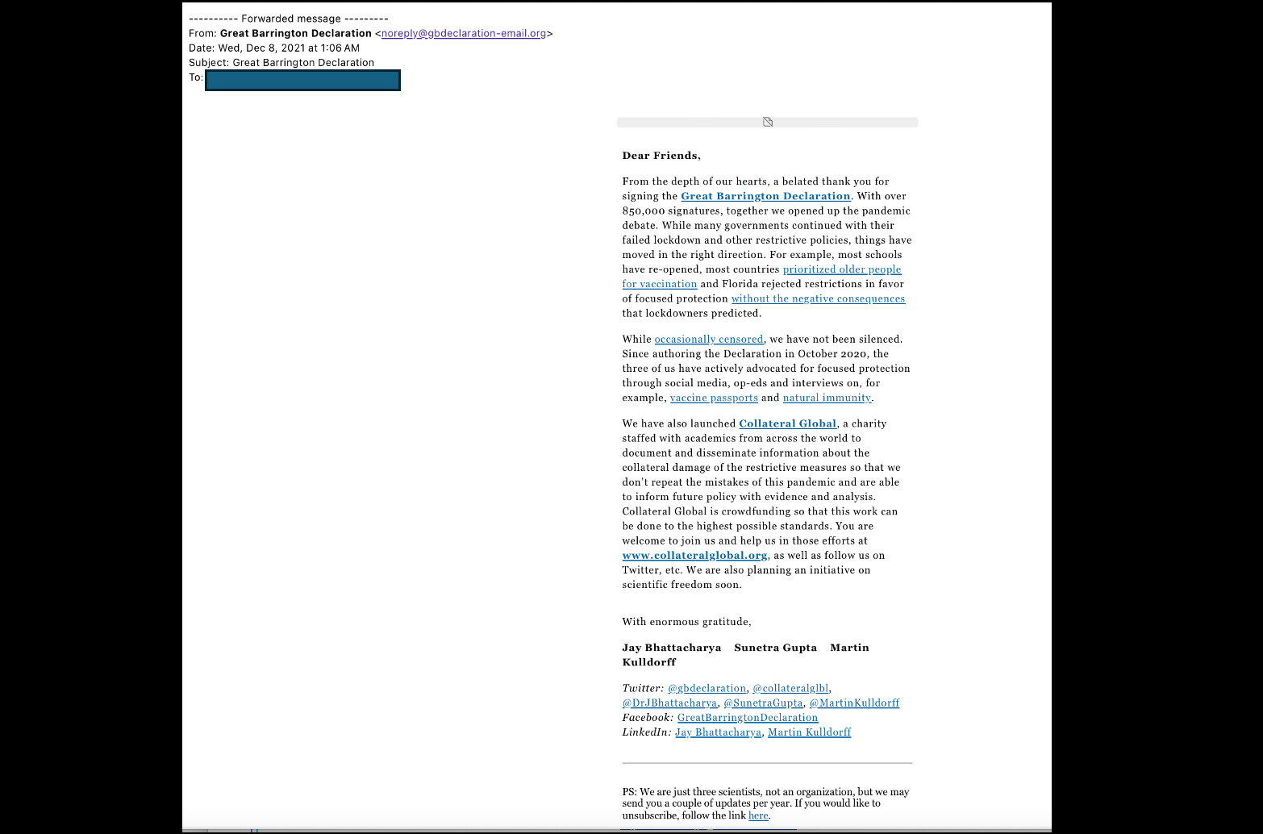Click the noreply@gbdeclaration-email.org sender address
(x=464, y=34)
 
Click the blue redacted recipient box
(x=302, y=81)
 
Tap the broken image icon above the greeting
(x=768, y=123)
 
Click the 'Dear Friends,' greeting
(x=661, y=156)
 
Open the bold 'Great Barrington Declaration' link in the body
(x=765, y=196)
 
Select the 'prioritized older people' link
(x=842, y=269)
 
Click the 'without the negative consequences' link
(x=818, y=298)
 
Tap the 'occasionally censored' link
(x=708, y=340)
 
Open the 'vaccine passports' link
(x=714, y=398)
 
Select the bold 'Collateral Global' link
(x=787, y=423)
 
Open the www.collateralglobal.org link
(x=694, y=556)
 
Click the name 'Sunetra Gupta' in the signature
(x=775, y=648)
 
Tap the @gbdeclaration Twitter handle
(x=707, y=689)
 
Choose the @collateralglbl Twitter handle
(x=790, y=689)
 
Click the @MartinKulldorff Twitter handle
(x=854, y=703)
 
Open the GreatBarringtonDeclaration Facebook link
(x=748, y=718)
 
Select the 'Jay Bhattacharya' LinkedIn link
(x=718, y=732)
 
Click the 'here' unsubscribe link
(x=758, y=815)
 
